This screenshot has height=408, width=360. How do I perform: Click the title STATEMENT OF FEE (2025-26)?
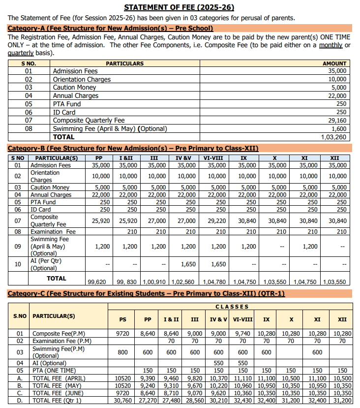179,7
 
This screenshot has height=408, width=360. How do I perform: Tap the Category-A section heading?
111,28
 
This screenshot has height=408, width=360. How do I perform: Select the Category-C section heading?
146,294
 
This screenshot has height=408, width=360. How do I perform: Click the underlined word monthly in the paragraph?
330,45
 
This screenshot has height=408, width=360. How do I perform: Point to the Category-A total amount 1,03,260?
333,137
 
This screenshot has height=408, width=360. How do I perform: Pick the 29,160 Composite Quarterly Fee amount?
336,121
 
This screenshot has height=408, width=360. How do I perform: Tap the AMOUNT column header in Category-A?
334,63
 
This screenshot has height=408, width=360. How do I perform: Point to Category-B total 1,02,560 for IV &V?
183,282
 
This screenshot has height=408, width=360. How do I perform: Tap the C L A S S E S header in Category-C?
232,307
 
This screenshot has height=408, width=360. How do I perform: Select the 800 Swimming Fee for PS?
123,352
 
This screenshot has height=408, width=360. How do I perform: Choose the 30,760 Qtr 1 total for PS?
122,401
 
